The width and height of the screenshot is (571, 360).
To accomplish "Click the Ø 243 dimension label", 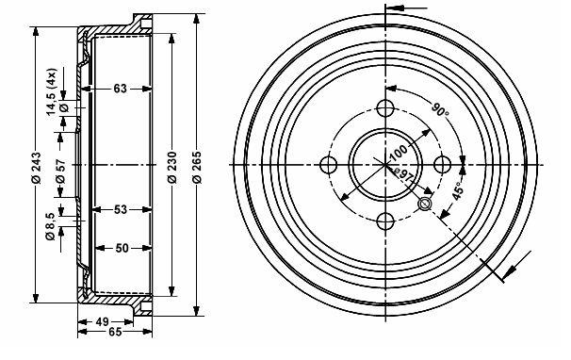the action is click(x=36, y=167).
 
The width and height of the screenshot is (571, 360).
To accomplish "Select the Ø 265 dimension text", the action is click(x=196, y=166).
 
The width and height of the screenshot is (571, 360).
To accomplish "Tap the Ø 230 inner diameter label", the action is click(x=171, y=167).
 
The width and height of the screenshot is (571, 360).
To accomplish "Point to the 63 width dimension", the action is click(x=121, y=89).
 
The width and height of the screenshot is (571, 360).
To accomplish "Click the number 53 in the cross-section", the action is click(x=121, y=209).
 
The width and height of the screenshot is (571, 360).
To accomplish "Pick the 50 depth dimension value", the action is click(x=122, y=248).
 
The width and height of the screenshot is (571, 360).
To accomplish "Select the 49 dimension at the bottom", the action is click(x=103, y=321).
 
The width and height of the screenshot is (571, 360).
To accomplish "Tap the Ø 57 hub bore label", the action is click(x=60, y=171).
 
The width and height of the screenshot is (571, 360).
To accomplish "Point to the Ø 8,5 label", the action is click(x=50, y=226).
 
